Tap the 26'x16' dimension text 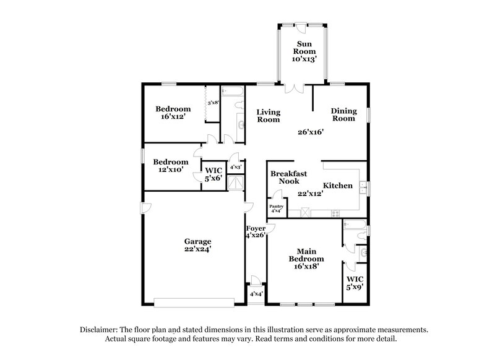[x=311, y=131]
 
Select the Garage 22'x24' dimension [x=197, y=250]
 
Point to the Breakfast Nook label [x=285, y=178]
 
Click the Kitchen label [x=338, y=186]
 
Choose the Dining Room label [x=343, y=114]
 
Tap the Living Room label [x=269, y=116]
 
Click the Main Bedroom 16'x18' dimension [x=308, y=266]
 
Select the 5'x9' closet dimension [x=355, y=287]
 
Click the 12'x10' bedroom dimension [x=170, y=169]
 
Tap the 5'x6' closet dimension [x=213, y=178]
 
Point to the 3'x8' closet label [x=214, y=103]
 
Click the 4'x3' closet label [x=236, y=167]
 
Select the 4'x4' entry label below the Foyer [x=256, y=294]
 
